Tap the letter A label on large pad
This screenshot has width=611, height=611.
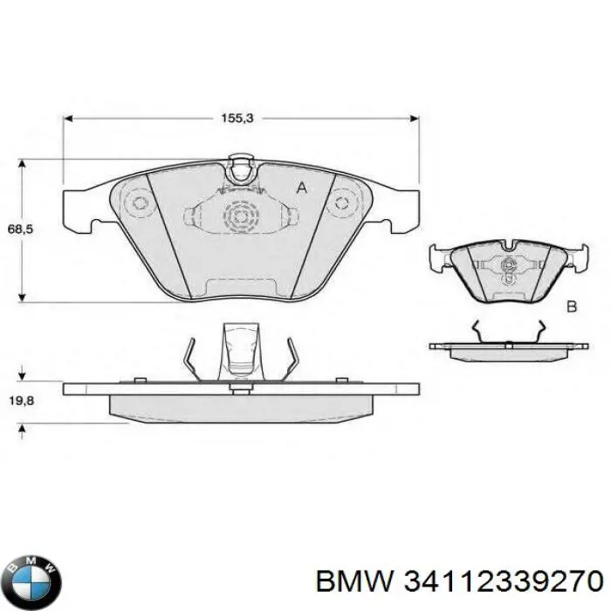tap(302, 188)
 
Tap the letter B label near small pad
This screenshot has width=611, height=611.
tap(573, 305)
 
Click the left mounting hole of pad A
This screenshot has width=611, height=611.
tap(138, 203)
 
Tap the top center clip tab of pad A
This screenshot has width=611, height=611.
tap(240, 167)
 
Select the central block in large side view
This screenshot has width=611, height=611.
tap(239, 354)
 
